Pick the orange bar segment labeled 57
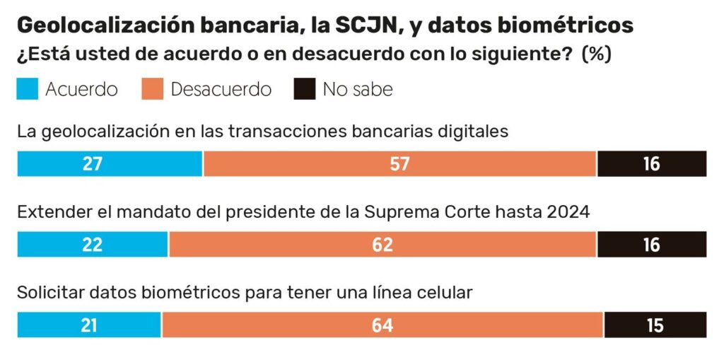point(399,163)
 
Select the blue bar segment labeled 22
point(93,244)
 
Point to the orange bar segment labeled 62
point(383,244)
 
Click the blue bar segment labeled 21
point(89,325)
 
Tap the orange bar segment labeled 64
point(383,325)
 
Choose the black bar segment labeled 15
point(655,325)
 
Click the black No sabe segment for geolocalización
point(651,163)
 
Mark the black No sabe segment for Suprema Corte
point(651,244)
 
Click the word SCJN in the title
point(361,25)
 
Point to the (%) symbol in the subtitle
point(596,54)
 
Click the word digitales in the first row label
point(474,132)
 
